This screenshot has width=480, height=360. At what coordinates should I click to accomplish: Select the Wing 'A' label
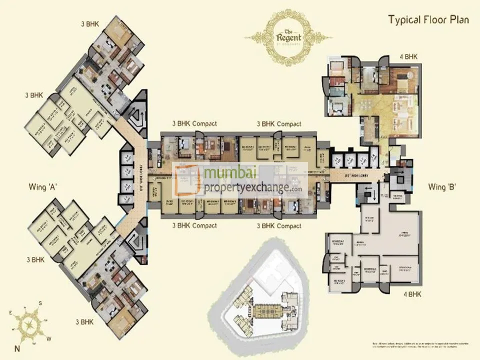click(x=43, y=187)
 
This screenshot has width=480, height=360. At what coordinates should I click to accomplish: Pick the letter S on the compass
click(x=41, y=303)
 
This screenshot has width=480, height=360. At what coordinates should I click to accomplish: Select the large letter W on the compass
click(x=48, y=338)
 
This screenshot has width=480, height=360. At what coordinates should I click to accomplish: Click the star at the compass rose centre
click(x=29, y=324)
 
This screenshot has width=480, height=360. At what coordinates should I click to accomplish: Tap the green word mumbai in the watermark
click(x=230, y=174)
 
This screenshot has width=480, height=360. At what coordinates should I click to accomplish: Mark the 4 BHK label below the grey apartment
click(x=412, y=295)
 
